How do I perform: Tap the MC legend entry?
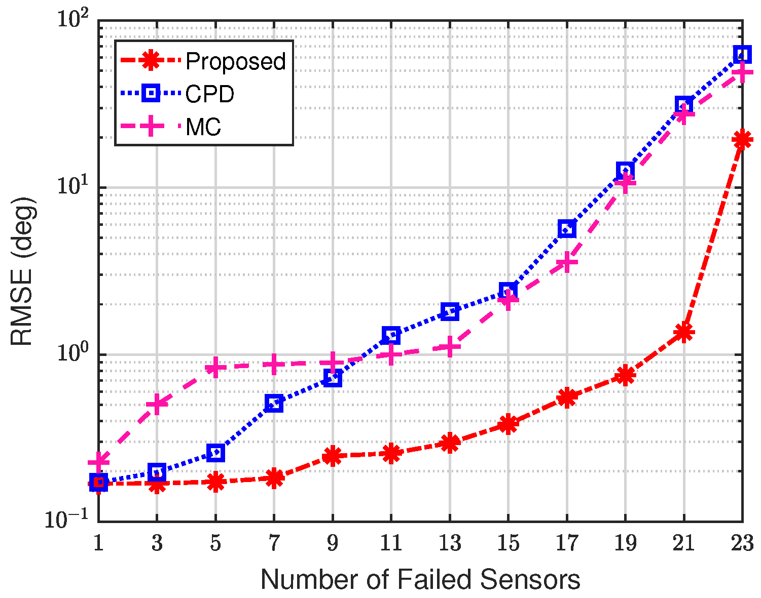pos(203,127)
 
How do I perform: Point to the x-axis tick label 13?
pos(449,543)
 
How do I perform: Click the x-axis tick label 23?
pos(742,543)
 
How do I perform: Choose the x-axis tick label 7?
pos(274,543)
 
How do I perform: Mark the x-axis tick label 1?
pos(98,543)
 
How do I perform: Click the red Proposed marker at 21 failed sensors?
pos(683,333)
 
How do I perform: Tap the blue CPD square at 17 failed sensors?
pos(567,229)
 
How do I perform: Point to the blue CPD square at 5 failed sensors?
pos(216,453)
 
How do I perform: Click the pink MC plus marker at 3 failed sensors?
pos(157,404)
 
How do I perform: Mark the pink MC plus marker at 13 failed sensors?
pos(450,347)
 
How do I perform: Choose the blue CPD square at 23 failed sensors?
pos(742,54)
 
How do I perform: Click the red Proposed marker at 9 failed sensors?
pos(333,456)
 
